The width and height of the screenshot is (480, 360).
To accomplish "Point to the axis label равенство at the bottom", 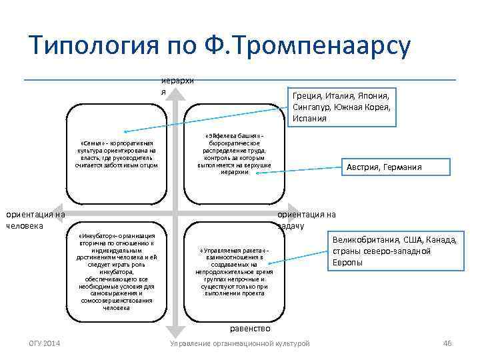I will (x=249, y=328).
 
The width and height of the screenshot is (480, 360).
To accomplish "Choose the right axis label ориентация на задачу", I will (x=306, y=219).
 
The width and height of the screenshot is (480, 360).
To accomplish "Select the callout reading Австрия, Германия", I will (x=383, y=167).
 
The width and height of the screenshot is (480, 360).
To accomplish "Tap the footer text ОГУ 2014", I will (x=44, y=343).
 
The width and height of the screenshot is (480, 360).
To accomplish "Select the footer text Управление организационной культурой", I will (x=239, y=343).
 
